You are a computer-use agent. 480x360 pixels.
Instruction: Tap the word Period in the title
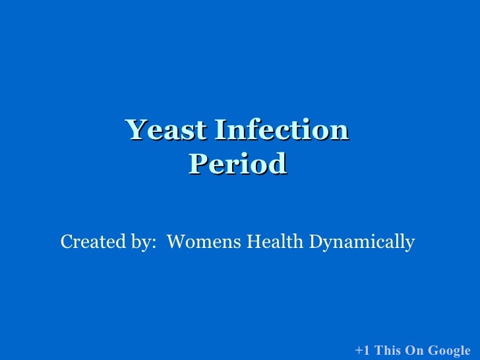click(237, 164)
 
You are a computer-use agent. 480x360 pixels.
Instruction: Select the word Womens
click(204, 243)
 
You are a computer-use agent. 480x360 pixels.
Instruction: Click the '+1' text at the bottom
click(362, 350)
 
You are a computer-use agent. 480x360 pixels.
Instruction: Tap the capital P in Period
click(196, 164)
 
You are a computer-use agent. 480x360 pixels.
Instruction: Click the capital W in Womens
click(176, 243)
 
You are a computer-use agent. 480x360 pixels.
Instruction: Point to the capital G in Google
click(432, 350)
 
